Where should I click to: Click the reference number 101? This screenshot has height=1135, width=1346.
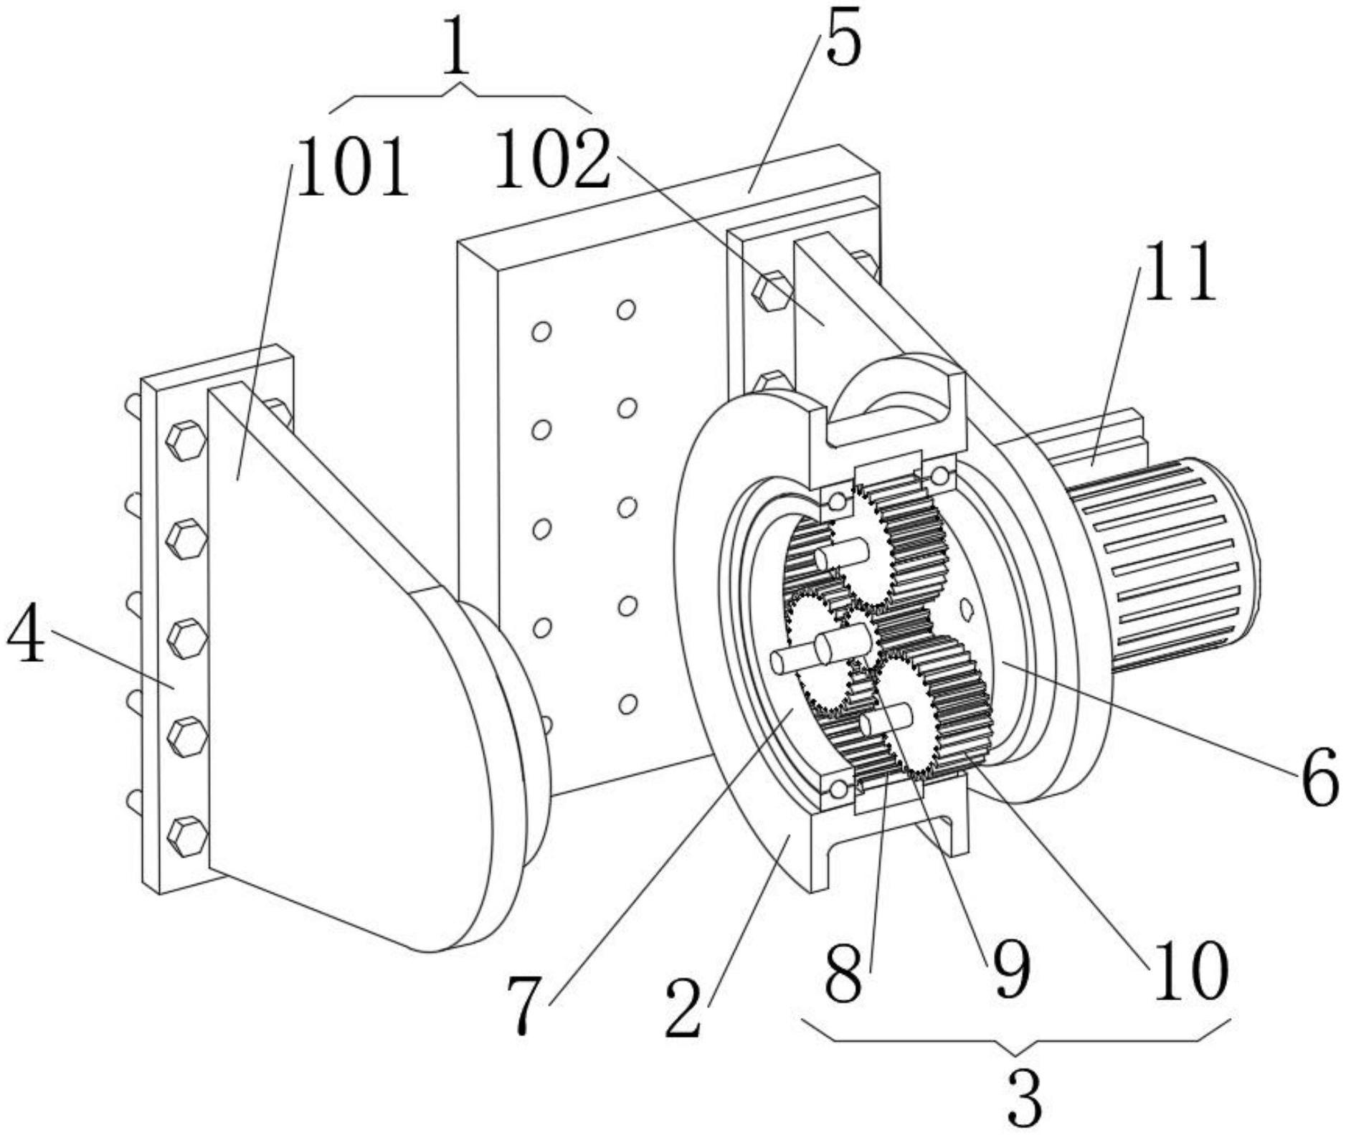(352, 168)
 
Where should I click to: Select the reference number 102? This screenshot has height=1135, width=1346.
(552, 159)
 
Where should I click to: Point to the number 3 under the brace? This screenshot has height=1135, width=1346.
(1024, 1098)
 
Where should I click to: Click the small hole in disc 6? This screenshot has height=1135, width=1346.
(966, 609)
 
